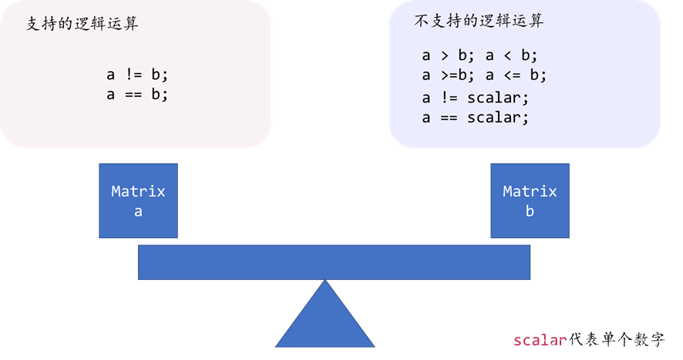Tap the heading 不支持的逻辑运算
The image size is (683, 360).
[x=478, y=21]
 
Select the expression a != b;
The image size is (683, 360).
[x=137, y=76]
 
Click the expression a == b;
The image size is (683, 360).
[x=137, y=94]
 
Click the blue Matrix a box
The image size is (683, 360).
[x=138, y=200]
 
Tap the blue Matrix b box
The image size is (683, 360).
[x=530, y=200]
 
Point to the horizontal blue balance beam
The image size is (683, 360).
[x=334, y=262]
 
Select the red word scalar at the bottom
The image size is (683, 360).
[x=539, y=340]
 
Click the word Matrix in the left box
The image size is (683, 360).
[x=138, y=191]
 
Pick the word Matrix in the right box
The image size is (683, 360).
[x=530, y=191]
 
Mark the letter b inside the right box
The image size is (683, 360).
[x=530, y=210]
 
